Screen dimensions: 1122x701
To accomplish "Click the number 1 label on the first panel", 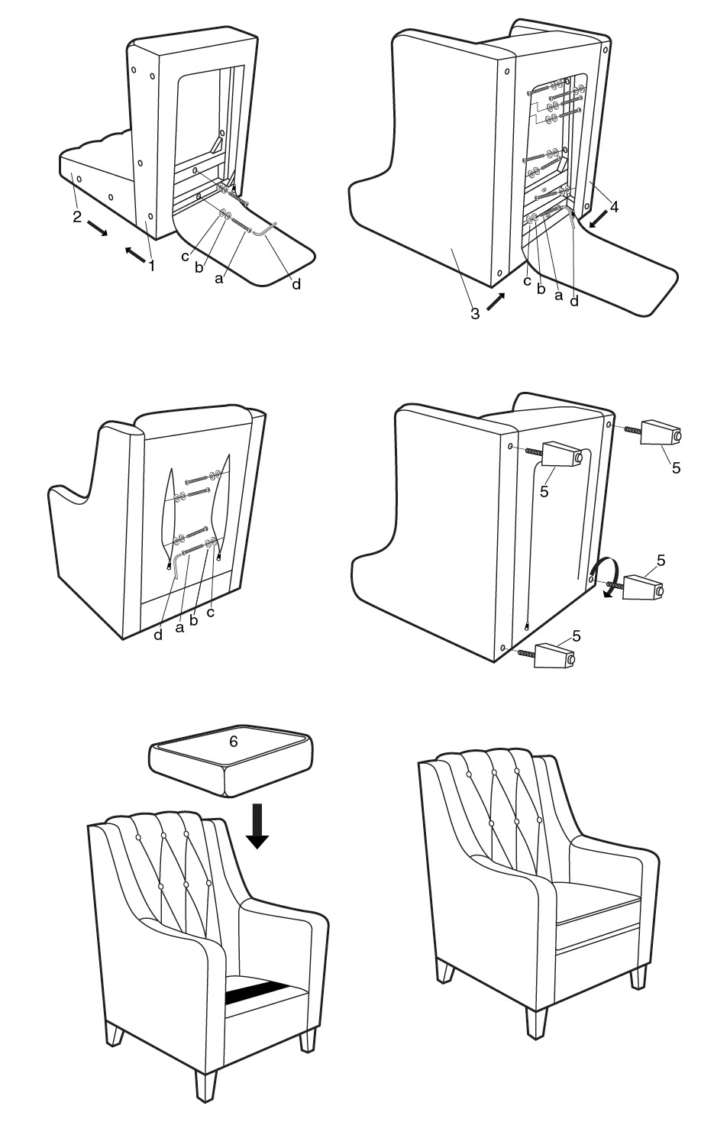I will pyautogui.click(x=151, y=267).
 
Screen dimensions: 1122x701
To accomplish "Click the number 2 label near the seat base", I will pyautogui.click(x=77, y=216).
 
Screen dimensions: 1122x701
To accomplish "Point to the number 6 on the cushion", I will pyautogui.click(x=234, y=741).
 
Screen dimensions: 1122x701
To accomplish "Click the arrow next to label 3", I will pyautogui.click(x=496, y=301).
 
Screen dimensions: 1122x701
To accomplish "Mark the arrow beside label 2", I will pyautogui.click(x=98, y=228).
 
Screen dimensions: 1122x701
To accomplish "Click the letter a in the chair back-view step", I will pyautogui.click(x=181, y=626).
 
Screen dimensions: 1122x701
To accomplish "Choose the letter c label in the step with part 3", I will pyautogui.click(x=528, y=281).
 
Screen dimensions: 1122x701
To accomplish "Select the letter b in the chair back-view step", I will pyautogui.click(x=193, y=621).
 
